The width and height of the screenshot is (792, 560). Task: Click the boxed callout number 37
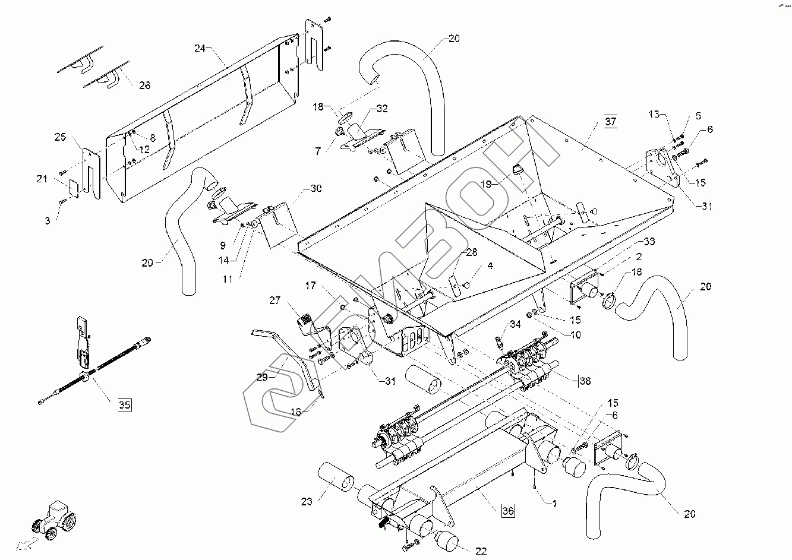(611, 122)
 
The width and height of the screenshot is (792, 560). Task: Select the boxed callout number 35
(124, 406)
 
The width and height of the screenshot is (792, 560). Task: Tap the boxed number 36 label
(508, 510)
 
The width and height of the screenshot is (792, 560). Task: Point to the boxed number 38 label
(585, 380)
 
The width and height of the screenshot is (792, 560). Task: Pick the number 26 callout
(144, 86)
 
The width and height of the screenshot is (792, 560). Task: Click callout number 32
(381, 109)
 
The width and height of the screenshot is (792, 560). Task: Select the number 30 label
(315, 188)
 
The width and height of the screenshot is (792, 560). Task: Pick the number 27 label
(274, 300)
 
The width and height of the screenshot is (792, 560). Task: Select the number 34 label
(515, 324)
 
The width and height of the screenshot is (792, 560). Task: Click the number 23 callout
(306, 501)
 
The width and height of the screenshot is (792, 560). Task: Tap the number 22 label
(481, 551)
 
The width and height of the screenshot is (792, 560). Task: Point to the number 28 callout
(471, 253)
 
